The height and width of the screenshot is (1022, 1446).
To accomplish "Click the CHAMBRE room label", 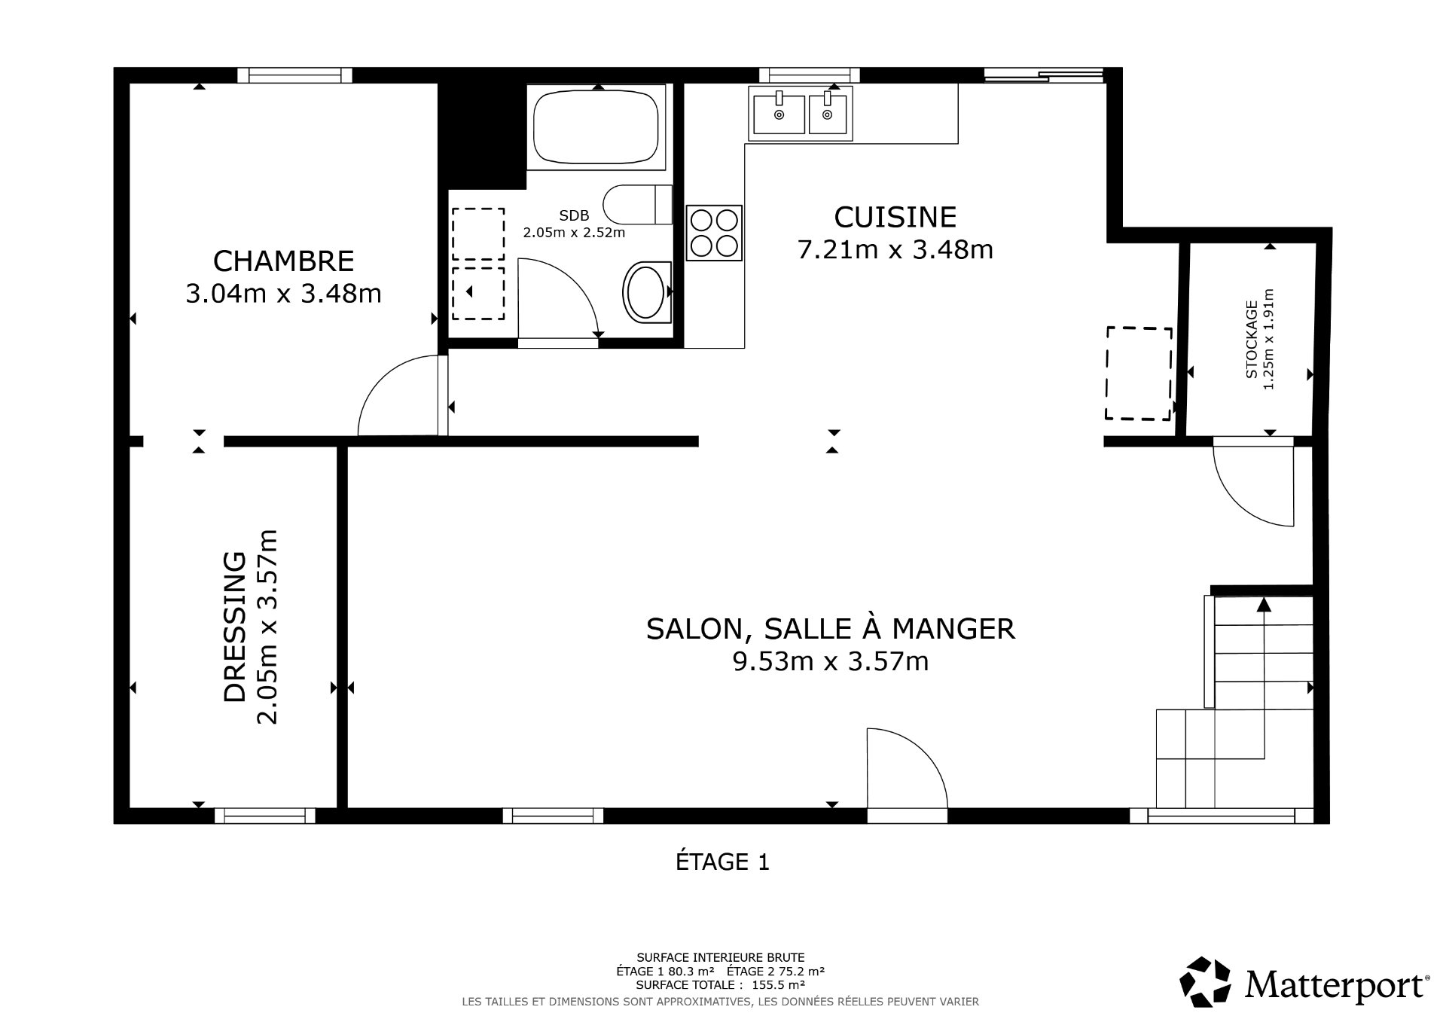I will tap(283, 261).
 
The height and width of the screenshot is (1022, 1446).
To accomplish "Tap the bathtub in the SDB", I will tap(596, 127).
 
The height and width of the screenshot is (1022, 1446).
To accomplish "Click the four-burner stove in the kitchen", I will tap(714, 233).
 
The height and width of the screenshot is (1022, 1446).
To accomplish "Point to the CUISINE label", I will tap(895, 217).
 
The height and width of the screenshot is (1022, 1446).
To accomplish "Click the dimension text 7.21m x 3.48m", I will tap(895, 249).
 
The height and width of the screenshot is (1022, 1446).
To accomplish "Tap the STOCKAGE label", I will tap(1251, 340).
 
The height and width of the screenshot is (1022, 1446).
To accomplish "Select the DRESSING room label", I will tap(236, 627).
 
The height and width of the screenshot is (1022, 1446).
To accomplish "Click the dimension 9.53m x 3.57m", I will tap(830, 662).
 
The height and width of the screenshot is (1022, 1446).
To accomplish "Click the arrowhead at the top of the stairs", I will tap(1263, 605).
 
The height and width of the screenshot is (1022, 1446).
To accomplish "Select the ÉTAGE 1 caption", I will tap(722, 862).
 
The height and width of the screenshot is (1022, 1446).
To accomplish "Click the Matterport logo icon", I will tap(1205, 982).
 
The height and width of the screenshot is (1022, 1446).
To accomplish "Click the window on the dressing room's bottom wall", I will tap(265, 815).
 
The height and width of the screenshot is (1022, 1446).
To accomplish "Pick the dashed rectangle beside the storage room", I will tap(1139, 374).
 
